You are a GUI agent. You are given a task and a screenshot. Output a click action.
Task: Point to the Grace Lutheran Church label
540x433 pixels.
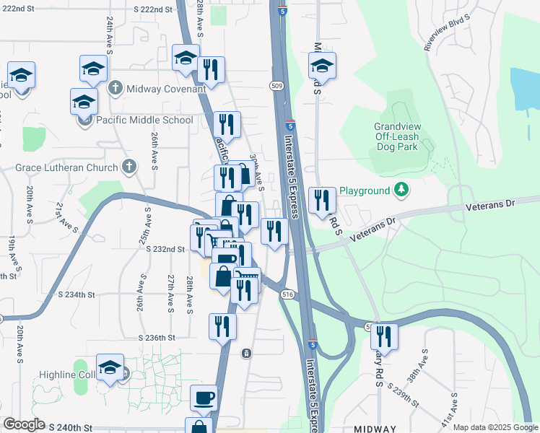click(66, 168)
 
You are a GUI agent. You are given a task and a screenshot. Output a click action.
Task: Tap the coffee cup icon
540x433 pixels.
click(204, 397)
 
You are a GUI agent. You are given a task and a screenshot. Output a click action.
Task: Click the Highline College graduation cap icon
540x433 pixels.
click(110, 367)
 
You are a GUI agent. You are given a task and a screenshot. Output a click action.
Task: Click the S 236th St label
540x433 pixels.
click(157, 338)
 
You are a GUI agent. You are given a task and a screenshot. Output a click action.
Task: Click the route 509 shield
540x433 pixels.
click(276, 86)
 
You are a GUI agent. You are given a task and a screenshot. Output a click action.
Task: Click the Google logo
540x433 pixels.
click(24, 424)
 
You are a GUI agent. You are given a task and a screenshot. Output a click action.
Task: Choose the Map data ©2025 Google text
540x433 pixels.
click(495, 427)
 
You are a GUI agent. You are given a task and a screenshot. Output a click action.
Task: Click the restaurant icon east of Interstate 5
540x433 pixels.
click(322, 200)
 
